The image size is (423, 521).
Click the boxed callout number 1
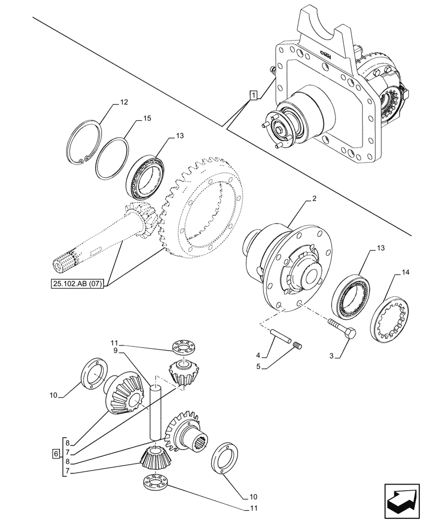click(x=253, y=95)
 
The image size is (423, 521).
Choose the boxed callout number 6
click(x=56, y=454)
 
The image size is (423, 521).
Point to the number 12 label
click(x=123, y=103)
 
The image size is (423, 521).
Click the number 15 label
click(x=147, y=119)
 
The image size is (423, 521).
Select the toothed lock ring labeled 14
click(x=388, y=318)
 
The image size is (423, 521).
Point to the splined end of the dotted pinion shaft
click(x=67, y=260)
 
